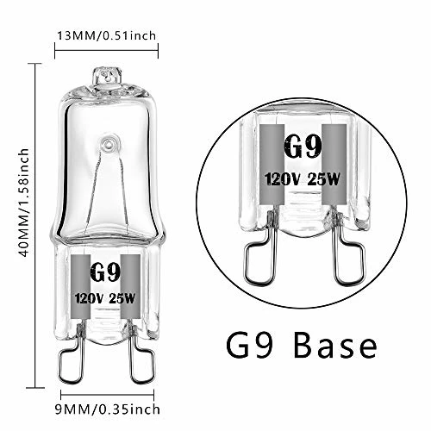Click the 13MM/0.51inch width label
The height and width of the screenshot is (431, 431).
point(107,36)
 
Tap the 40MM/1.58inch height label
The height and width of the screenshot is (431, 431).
point(23,203)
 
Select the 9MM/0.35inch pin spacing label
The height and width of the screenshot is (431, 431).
point(108,409)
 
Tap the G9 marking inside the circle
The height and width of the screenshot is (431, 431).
point(303,147)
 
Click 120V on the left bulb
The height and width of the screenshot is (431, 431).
point(89,298)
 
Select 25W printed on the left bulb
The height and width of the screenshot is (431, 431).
point(122,298)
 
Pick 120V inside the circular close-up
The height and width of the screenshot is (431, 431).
point(282,179)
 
